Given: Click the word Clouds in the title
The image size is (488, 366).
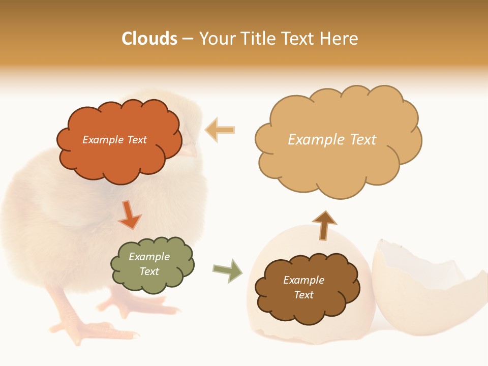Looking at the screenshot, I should [x=149, y=39].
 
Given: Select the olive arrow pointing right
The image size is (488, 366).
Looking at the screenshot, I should [x=228, y=270].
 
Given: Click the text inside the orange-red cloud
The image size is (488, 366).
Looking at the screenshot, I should [x=114, y=140].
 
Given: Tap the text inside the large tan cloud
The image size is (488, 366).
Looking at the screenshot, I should [x=332, y=140].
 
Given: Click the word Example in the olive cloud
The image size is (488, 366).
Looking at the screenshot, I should [x=149, y=257].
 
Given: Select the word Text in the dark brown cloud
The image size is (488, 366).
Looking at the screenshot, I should [x=304, y=295].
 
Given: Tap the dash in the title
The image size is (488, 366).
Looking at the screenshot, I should [x=188, y=39].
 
